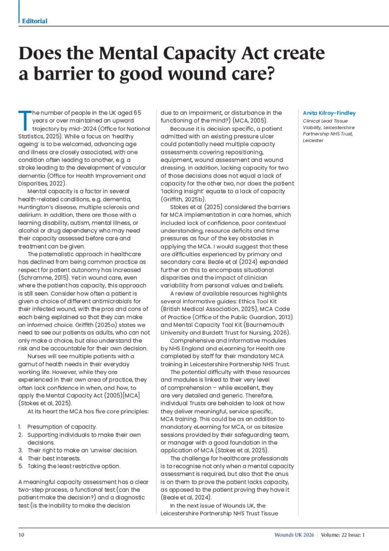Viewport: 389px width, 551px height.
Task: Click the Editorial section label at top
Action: click(x=34, y=21)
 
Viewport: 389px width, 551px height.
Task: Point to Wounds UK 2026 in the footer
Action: click(x=292, y=535)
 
